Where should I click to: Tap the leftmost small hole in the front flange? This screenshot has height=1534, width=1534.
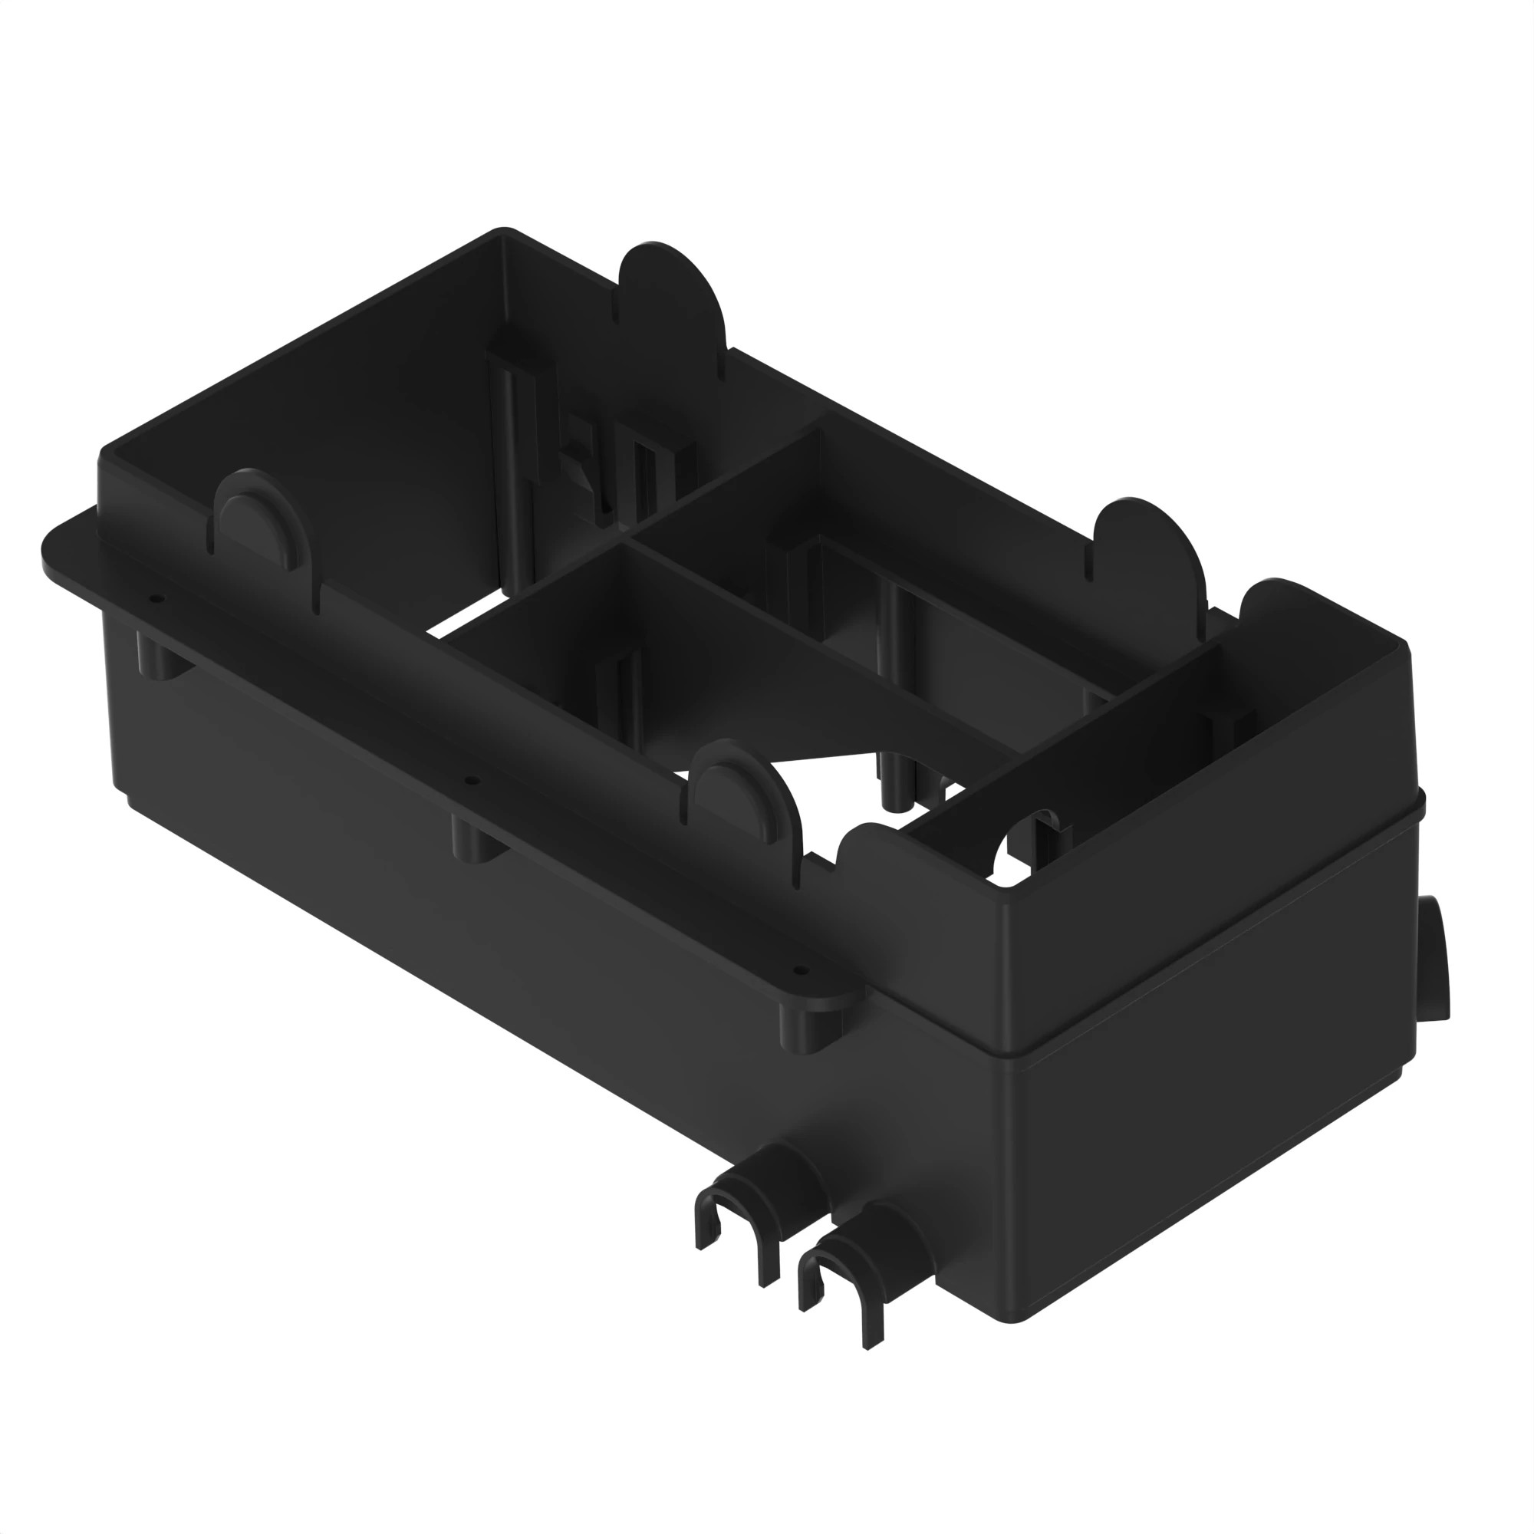tap(156, 599)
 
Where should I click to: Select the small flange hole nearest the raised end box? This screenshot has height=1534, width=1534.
tap(799, 969)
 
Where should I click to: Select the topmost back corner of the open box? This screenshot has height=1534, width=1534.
tap(503, 232)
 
